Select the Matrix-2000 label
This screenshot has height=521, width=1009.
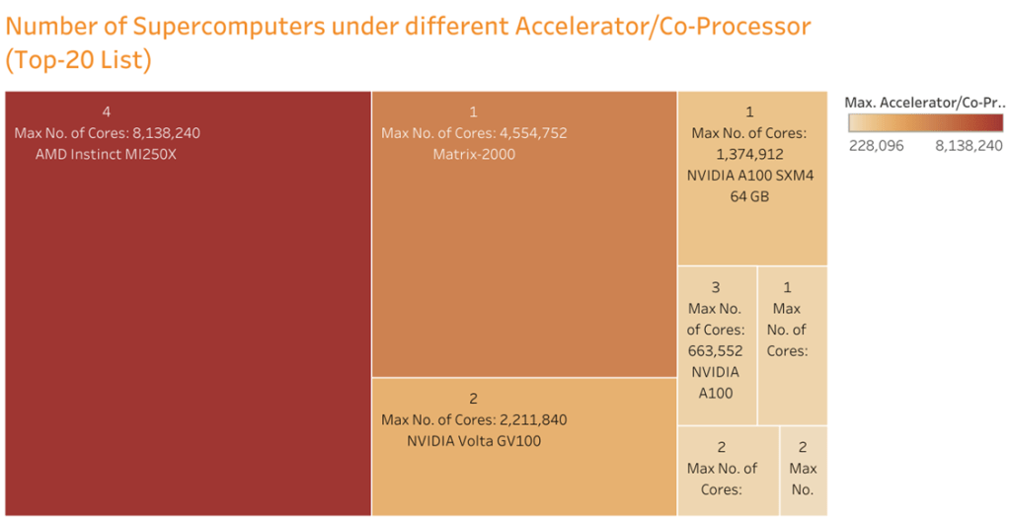(x=473, y=154)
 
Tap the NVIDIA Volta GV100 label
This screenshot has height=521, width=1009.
(x=473, y=441)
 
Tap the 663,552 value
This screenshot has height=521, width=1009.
(x=716, y=351)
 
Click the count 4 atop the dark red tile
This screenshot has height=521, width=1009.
(x=106, y=112)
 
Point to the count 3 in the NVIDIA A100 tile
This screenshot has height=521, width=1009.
(x=716, y=287)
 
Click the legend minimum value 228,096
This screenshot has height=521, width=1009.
(x=876, y=145)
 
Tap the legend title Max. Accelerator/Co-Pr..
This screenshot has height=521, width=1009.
(x=923, y=102)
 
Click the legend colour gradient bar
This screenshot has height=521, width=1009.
(x=924, y=122)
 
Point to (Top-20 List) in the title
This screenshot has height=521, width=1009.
(x=79, y=61)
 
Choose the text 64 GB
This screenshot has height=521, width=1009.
(x=749, y=196)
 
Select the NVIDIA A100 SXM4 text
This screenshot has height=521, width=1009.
(x=749, y=176)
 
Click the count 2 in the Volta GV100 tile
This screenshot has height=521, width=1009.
(x=473, y=399)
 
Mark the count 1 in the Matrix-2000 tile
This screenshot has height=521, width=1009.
(x=473, y=112)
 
